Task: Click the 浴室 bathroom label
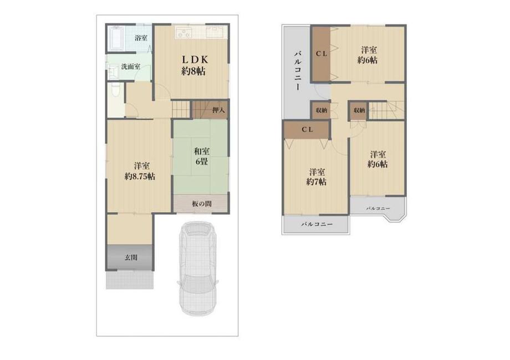[x=141, y=38]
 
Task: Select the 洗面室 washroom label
[x=131, y=67]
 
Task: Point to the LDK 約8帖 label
[x=194, y=65]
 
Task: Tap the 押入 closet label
[x=218, y=110]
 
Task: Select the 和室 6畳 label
[x=202, y=156]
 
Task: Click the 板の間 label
[x=202, y=204]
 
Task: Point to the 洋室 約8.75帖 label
[x=140, y=171]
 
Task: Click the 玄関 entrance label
[x=131, y=258]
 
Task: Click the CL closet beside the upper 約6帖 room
[x=322, y=54]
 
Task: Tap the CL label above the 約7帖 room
[x=307, y=129]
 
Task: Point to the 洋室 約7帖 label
[x=317, y=177]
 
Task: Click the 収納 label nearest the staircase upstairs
[x=359, y=110]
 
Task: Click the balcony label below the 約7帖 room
[x=317, y=224]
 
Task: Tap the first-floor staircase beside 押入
[x=181, y=109]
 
